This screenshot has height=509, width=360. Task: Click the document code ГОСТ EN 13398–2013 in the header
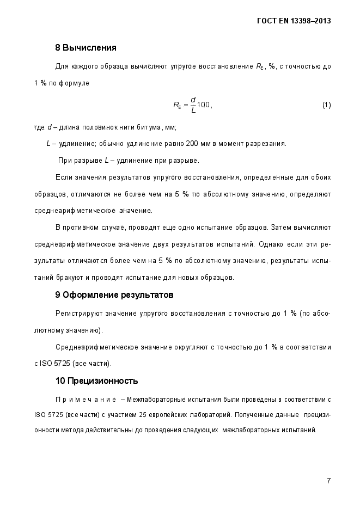[294, 21]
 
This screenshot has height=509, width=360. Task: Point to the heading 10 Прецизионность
[96, 380]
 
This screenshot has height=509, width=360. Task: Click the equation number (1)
[327, 105]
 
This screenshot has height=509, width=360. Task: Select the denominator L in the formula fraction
[193, 111]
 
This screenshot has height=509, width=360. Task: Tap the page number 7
[329, 480]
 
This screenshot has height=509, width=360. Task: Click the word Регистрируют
[77, 313]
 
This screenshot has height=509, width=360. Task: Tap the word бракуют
[66, 278]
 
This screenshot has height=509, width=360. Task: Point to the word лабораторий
[205, 414]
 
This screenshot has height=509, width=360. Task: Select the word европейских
[167, 414]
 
